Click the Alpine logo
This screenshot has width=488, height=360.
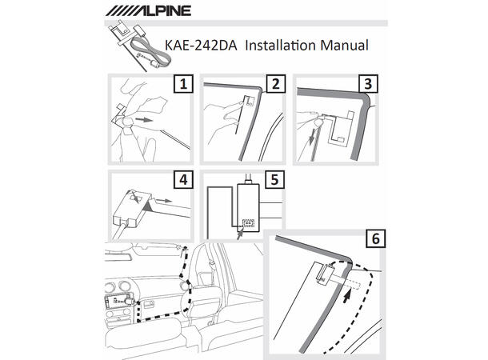148,10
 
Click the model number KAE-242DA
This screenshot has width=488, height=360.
201,46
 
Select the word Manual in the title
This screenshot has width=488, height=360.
344,45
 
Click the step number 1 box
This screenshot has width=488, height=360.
183,84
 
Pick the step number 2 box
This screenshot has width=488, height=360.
276,84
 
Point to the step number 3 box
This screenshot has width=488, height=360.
368,84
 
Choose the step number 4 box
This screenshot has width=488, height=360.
183,179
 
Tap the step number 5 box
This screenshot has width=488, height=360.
274,179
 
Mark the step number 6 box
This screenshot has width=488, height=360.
376,238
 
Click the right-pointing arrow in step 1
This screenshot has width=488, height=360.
145,120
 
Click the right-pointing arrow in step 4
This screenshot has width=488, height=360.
164,201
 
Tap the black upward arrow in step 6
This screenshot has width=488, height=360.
346,296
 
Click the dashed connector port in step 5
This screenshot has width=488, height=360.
248,223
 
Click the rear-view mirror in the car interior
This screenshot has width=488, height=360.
118,250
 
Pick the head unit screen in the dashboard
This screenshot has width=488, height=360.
116,301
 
